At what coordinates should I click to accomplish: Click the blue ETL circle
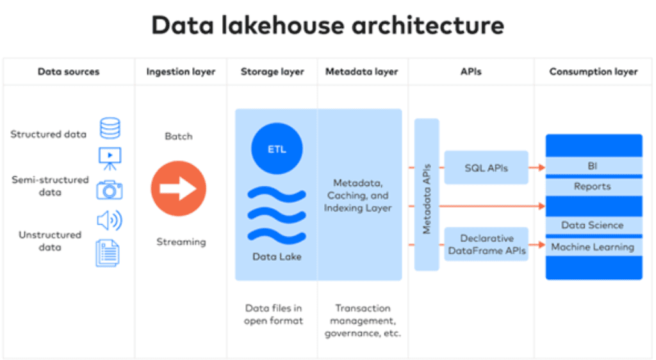click(x=277, y=149)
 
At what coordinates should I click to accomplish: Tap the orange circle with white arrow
click(x=179, y=188)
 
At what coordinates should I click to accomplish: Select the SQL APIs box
click(x=486, y=168)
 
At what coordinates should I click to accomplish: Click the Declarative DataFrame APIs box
click(x=486, y=244)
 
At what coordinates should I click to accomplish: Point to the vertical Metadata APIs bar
click(x=427, y=195)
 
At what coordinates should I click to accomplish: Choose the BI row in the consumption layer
click(x=594, y=166)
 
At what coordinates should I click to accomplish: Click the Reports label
click(x=593, y=186)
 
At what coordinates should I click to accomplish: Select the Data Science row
click(x=594, y=225)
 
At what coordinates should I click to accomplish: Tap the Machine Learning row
click(x=594, y=247)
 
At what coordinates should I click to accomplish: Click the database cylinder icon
click(x=110, y=128)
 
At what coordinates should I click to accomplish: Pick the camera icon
click(x=110, y=190)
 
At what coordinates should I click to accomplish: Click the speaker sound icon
click(x=110, y=220)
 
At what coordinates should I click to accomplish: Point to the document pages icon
click(x=108, y=254)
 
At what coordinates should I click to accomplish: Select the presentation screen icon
click(x=110, y=158)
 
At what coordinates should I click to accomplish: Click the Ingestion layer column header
click(x=181, y=72)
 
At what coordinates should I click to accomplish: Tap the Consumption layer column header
click(x=594, y=72)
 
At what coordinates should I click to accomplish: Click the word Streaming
click(x=181, y=242)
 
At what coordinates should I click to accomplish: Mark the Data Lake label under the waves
click(x=277, y=257)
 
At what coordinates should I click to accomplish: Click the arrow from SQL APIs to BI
click(x=537, y=168)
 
